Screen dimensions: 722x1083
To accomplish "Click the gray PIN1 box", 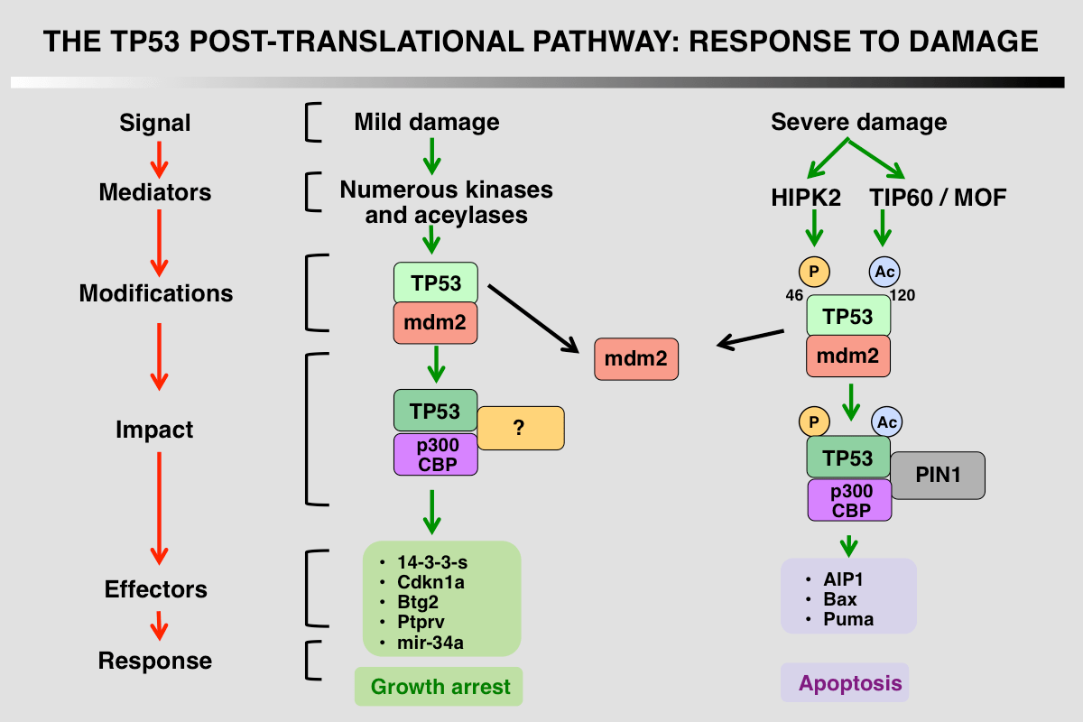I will pos(938,475).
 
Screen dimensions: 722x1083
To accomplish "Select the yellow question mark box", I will pos(520,428).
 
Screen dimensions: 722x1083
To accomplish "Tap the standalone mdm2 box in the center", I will pos(636,359).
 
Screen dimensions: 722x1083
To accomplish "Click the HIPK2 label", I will pos(807,198).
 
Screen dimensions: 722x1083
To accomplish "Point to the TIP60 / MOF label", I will pos(937,198).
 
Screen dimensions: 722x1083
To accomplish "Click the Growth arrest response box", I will pos(440,687).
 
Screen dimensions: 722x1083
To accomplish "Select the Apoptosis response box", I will pos(845,683).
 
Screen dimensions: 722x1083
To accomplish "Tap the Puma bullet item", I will pos(847,619).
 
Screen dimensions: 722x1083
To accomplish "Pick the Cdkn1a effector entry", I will pos(430,582).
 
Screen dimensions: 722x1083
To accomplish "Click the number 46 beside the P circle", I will pos(795,295).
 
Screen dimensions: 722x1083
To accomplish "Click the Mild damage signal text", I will pos(426,122).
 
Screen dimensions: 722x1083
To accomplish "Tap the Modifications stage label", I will pos(156,293).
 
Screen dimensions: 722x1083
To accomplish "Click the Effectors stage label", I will pos(156,589).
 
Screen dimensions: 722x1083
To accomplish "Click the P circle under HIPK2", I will pos(814,271).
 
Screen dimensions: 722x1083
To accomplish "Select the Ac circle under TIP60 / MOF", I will pos(884,271).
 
